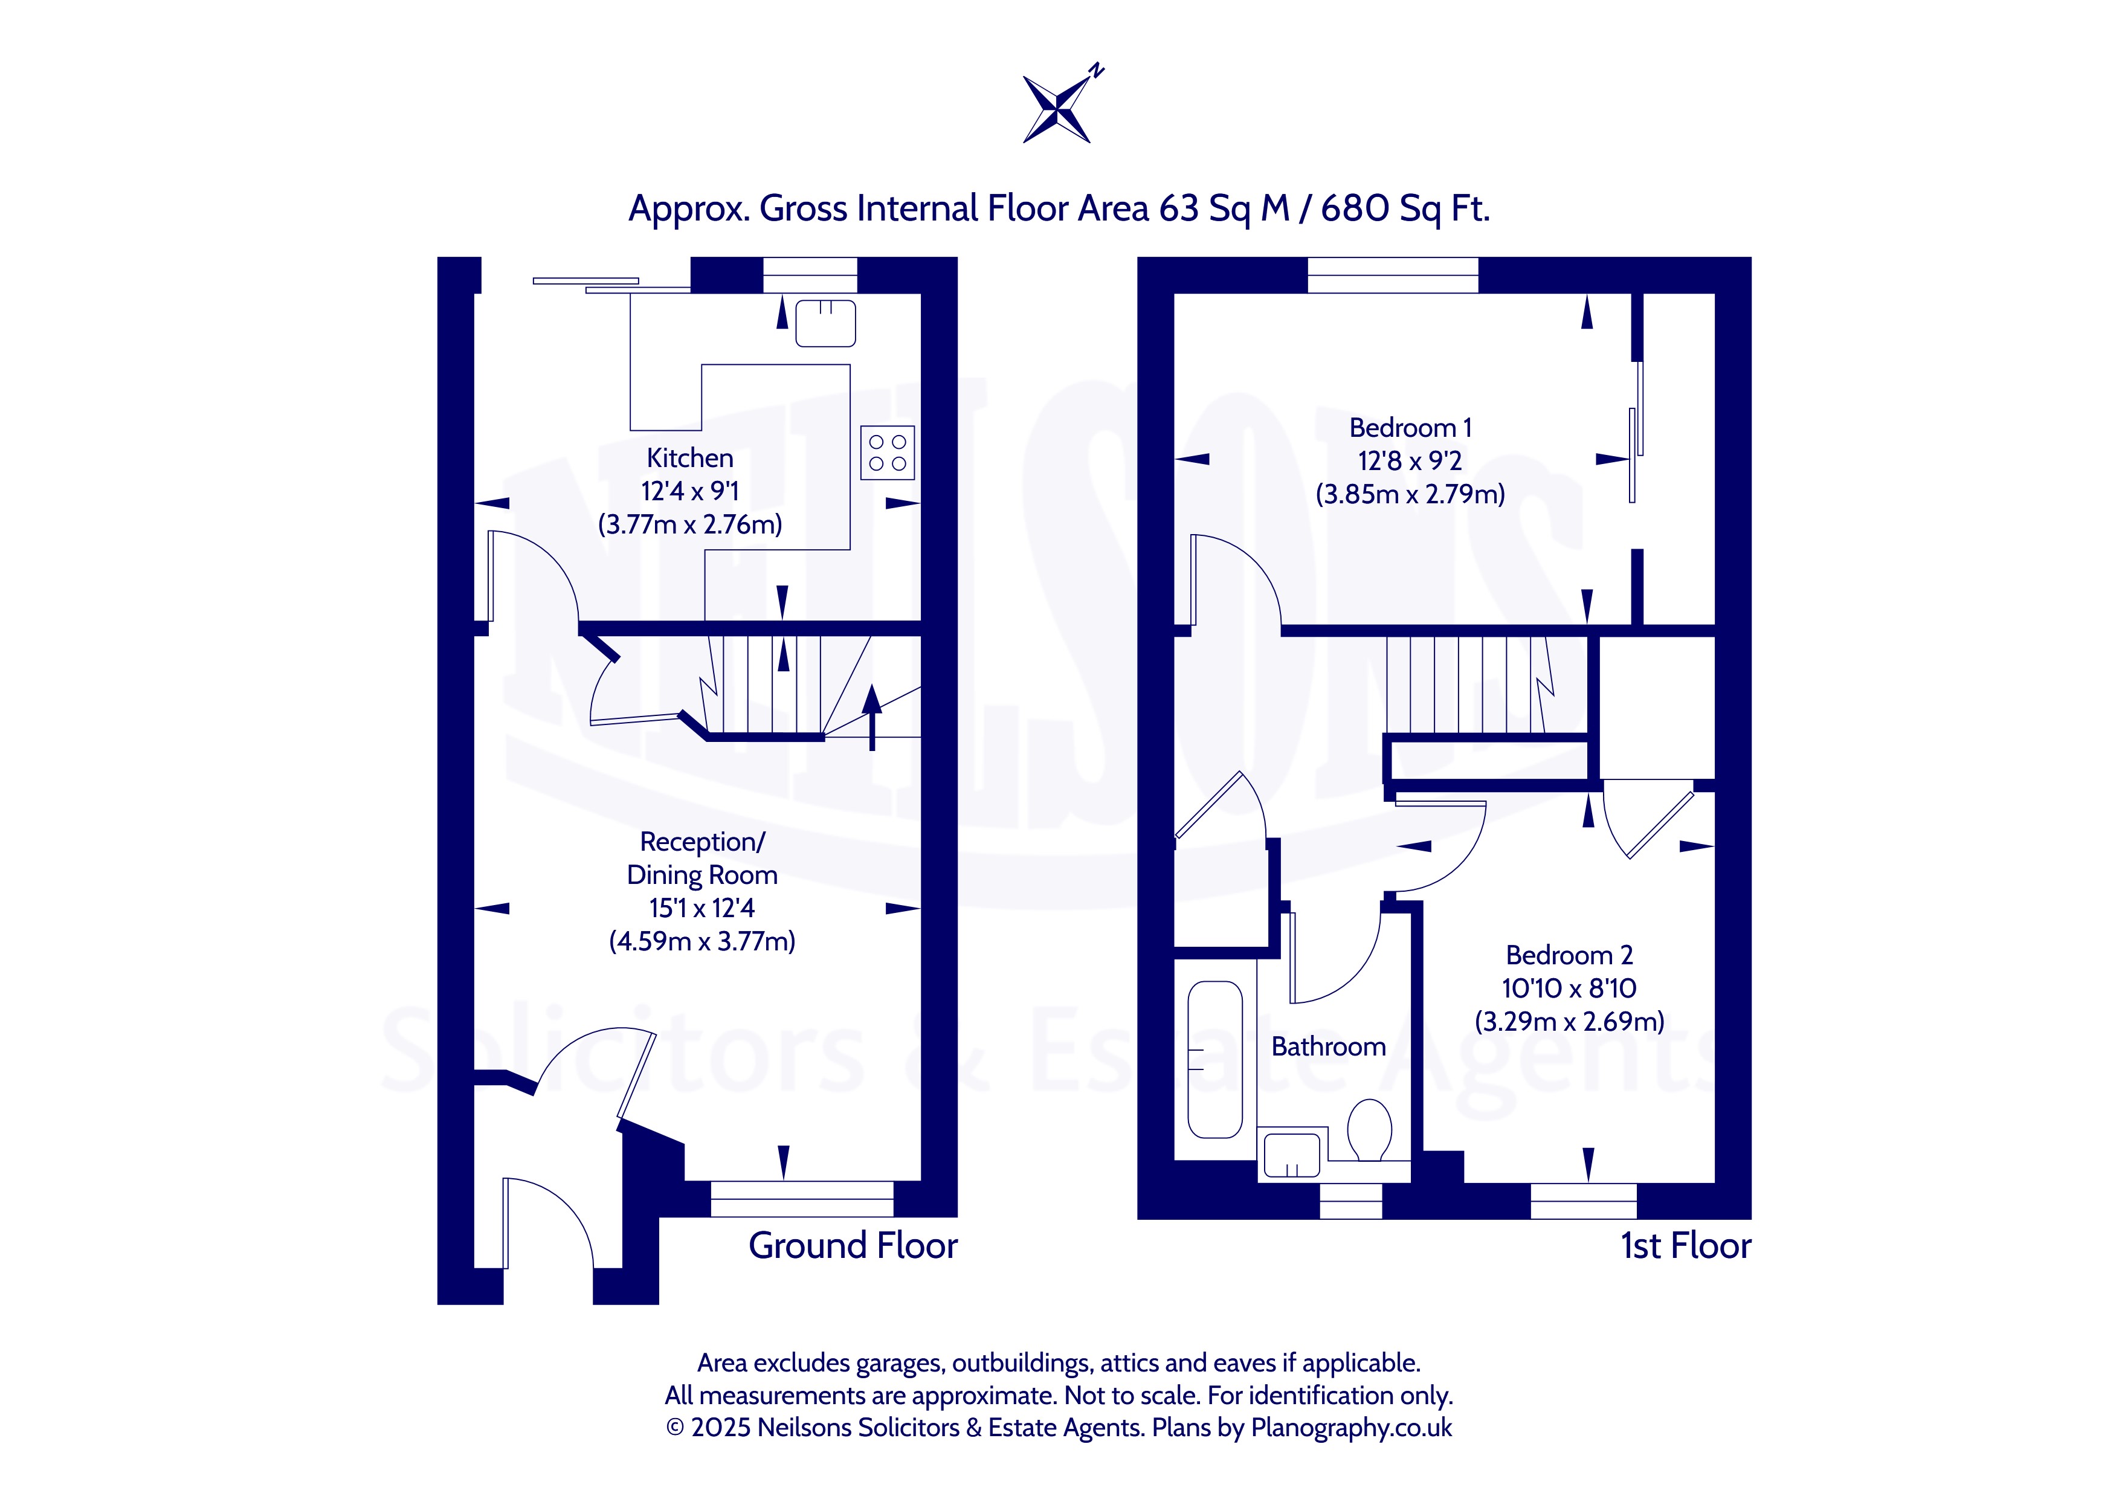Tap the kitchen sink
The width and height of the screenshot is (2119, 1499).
825,323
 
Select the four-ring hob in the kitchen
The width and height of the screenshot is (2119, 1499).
887,453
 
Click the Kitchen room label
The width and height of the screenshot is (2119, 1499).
691,458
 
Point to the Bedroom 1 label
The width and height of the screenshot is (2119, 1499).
1410,428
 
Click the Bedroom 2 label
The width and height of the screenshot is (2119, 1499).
1569,955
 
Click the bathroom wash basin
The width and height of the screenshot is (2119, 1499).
1291,1155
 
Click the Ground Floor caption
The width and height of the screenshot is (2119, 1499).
853,1246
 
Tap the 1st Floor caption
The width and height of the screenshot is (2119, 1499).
1685,1246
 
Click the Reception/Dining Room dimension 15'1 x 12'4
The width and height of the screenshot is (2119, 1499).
701,908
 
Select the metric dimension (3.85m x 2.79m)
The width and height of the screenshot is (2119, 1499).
1410,495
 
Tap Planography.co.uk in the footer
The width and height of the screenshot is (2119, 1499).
1351,1428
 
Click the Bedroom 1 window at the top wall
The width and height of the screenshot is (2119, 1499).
1393,275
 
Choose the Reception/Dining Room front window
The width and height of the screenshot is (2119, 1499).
802,1199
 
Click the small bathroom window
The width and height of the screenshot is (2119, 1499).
1351,1201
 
